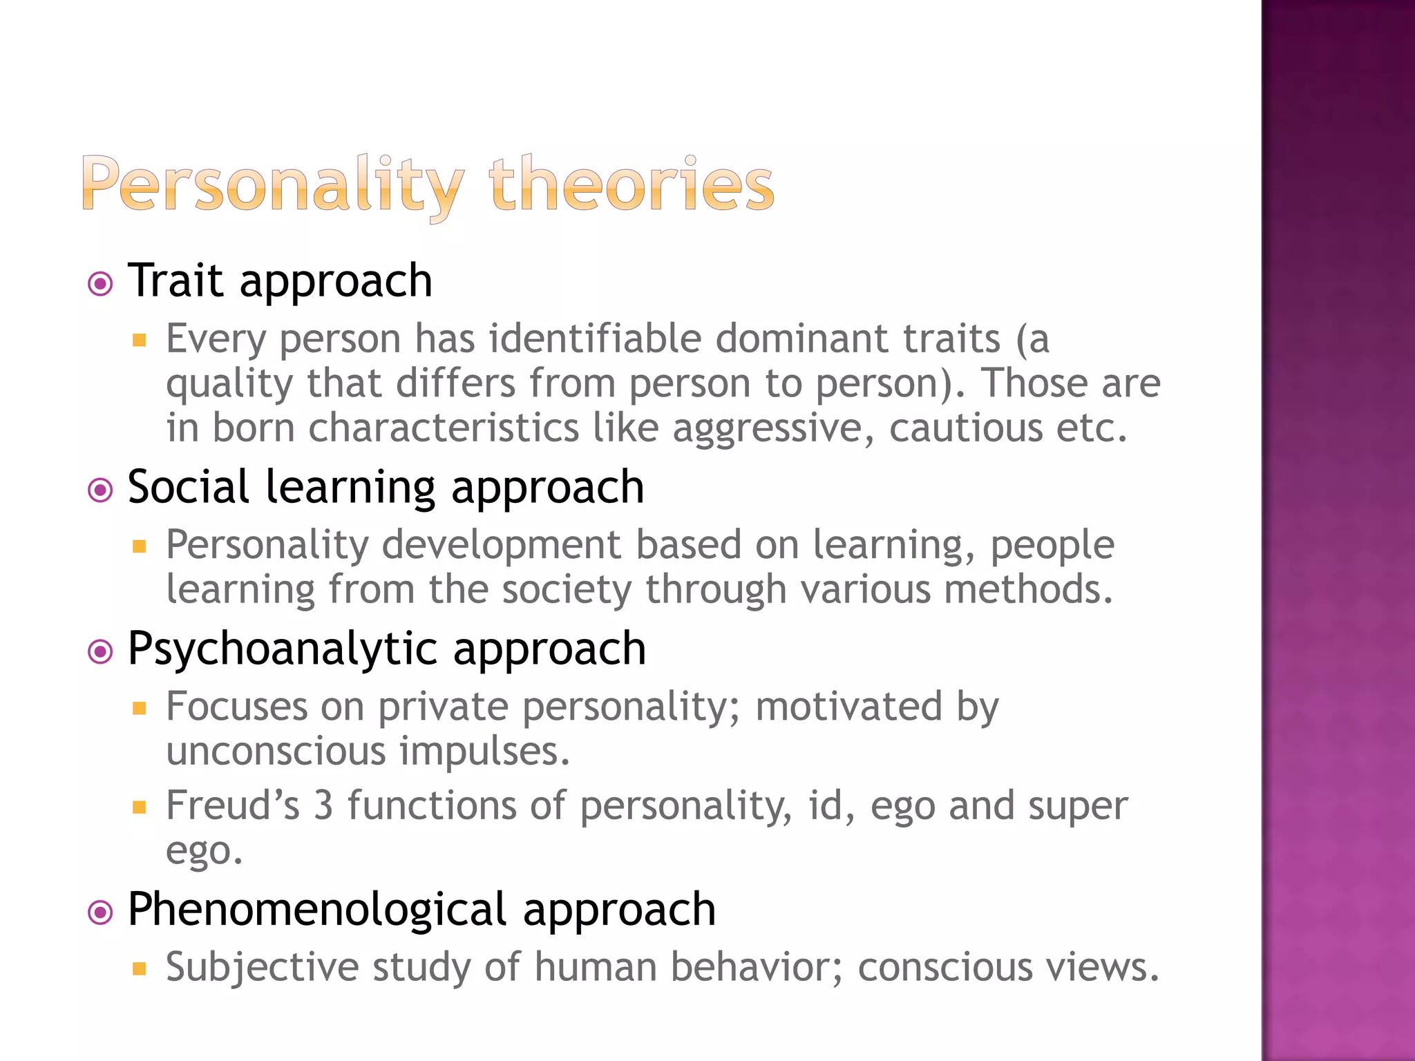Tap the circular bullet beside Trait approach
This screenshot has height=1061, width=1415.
point(101,284)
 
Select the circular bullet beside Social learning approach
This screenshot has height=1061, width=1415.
point(101,490)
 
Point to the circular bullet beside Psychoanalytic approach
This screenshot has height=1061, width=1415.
point(101,651)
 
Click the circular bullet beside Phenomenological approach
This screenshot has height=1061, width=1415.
point(101,912)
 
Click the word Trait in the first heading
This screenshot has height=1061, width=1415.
point(175,280)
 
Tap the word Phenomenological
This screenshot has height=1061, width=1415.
point(317,909)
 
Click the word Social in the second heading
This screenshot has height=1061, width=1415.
point(188,487)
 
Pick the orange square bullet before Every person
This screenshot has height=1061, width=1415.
point(140,340)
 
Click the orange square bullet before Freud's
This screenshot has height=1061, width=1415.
point(140,807)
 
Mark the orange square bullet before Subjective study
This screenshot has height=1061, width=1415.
point(140,968)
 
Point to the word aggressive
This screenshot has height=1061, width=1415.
point(767,428)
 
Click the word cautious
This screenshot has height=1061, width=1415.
point(965,428)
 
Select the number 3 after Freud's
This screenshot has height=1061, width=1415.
point(323,805)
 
